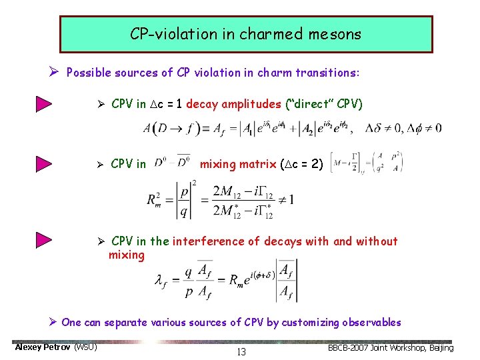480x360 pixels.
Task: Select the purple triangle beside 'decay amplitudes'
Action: (45, 104)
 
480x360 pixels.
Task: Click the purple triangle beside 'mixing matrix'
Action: (45, 164)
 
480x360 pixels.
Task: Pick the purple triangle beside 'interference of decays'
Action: (45, 241)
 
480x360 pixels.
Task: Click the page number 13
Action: (241, 352)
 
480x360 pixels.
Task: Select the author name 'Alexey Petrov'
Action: (43, 347)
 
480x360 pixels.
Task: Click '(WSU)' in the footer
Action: (86, 347)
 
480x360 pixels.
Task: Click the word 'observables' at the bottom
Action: (371, 323)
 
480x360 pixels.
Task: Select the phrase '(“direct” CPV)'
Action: (323, 104)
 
